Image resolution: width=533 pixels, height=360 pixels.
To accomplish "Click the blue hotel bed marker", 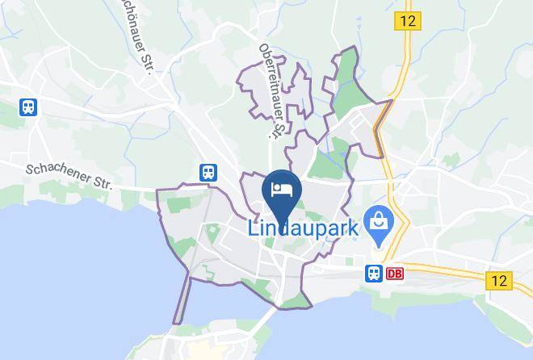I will pos(282,190).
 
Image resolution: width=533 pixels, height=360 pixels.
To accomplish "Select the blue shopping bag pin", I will pos(377,220).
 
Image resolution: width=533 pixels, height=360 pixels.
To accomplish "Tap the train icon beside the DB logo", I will pos(374,273).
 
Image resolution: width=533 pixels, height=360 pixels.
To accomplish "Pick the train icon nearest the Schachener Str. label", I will pos(208,171).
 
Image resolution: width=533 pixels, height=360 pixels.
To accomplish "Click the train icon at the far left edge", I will pos(29,107).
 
